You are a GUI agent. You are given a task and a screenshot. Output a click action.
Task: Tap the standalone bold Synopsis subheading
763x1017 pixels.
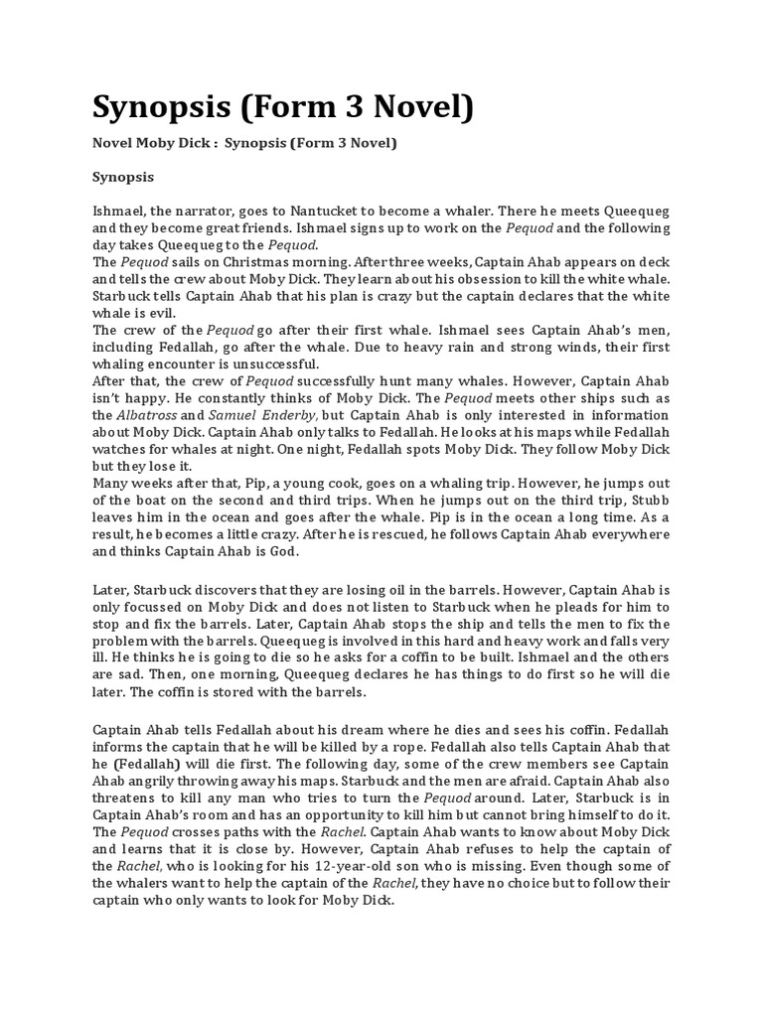coord(123,178)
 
